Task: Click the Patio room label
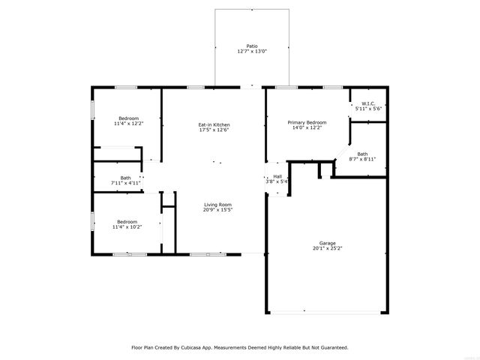click(252, 46)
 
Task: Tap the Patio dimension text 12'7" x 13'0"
click(252, 51)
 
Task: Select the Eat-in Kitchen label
click(214, 124)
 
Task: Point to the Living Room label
click(218, 205)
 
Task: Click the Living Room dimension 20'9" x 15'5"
click(218, 210)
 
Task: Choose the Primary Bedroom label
click(307, 122)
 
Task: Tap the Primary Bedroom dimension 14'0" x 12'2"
click(307, 127)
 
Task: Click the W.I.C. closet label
click(368, 103)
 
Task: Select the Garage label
click(327, 243)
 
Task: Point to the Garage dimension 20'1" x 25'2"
click(327, 248)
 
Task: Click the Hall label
click(277, 176)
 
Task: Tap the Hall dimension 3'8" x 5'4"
click(277, 181)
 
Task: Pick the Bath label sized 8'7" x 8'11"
click(362, 154)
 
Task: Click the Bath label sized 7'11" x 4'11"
click(125, 178)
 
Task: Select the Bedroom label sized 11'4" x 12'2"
click(128, 118)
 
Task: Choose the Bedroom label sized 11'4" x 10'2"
click(127, 221)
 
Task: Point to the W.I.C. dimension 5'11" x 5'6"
click(368, 109)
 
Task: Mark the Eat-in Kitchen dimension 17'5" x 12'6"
click(214, 130)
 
